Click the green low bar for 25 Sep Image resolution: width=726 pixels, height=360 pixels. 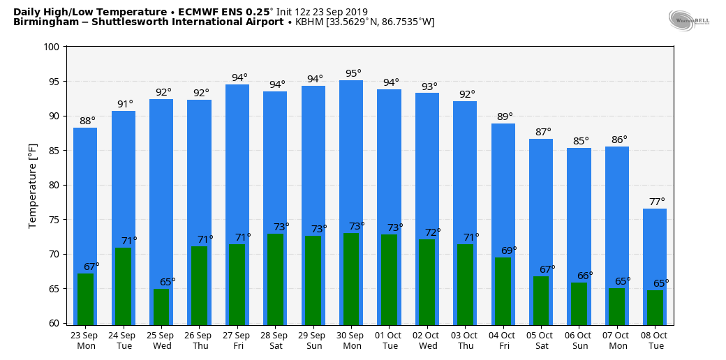(161, 307)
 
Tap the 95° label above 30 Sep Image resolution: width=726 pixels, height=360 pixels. (353, 73)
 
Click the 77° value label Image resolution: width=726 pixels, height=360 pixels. (657, 202)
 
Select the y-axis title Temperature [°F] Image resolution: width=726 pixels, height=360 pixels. (33, 186)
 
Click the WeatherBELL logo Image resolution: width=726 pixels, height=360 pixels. (688, 21)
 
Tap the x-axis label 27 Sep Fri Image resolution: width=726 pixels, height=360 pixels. (237, 340)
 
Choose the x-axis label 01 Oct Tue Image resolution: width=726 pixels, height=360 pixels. (390, 340)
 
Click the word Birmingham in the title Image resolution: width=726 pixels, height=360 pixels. (41, 22)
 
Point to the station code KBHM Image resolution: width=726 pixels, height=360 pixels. (310, 22)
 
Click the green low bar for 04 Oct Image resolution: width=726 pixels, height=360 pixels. (503, 291)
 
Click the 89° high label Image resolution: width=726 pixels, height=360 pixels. (505, 117)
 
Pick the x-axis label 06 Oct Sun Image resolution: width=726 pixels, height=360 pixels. (579, 340)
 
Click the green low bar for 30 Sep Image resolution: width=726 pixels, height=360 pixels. (351, 278)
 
